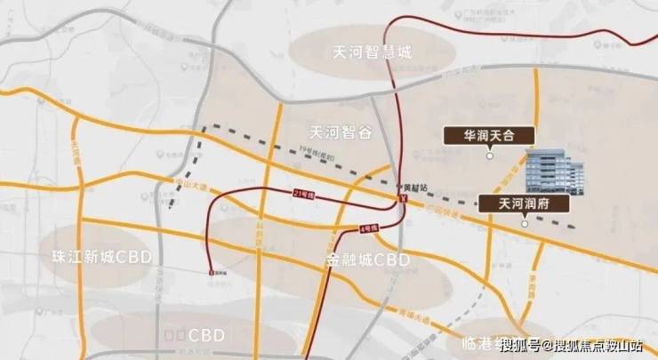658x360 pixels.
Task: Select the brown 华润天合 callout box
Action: pos(488,136)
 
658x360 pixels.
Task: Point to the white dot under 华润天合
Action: pos(489,156)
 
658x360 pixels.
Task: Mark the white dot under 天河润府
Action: pos(524,223)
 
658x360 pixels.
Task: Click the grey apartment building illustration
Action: pos(555,173)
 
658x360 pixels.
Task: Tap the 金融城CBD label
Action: pos(368,260)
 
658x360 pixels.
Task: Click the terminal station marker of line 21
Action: pos(211,272)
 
